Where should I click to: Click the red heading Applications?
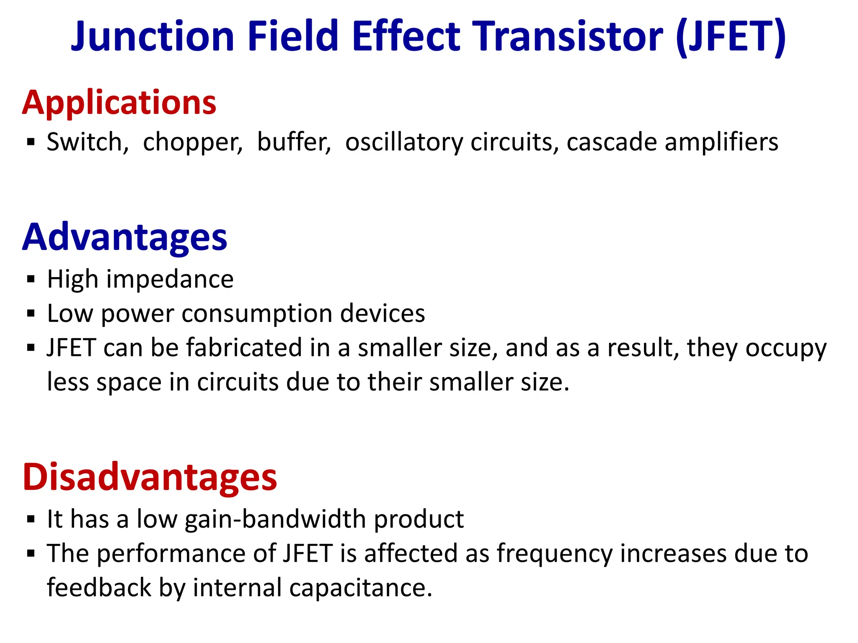[119, 103]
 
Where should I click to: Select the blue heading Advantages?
[124, 237]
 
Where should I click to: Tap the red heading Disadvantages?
[150, 477]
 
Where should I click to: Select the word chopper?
[193, 142]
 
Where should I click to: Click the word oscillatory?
[404, 142]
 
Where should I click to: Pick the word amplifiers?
[721, 142]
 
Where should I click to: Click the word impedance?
[170, 279]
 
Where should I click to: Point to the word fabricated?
[244, 348]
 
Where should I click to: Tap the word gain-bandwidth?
[276, 520]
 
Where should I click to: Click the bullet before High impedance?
[31, 279]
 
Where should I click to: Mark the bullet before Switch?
[31, 142]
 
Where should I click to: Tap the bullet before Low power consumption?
[31, 314]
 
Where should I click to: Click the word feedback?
[99, 588]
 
